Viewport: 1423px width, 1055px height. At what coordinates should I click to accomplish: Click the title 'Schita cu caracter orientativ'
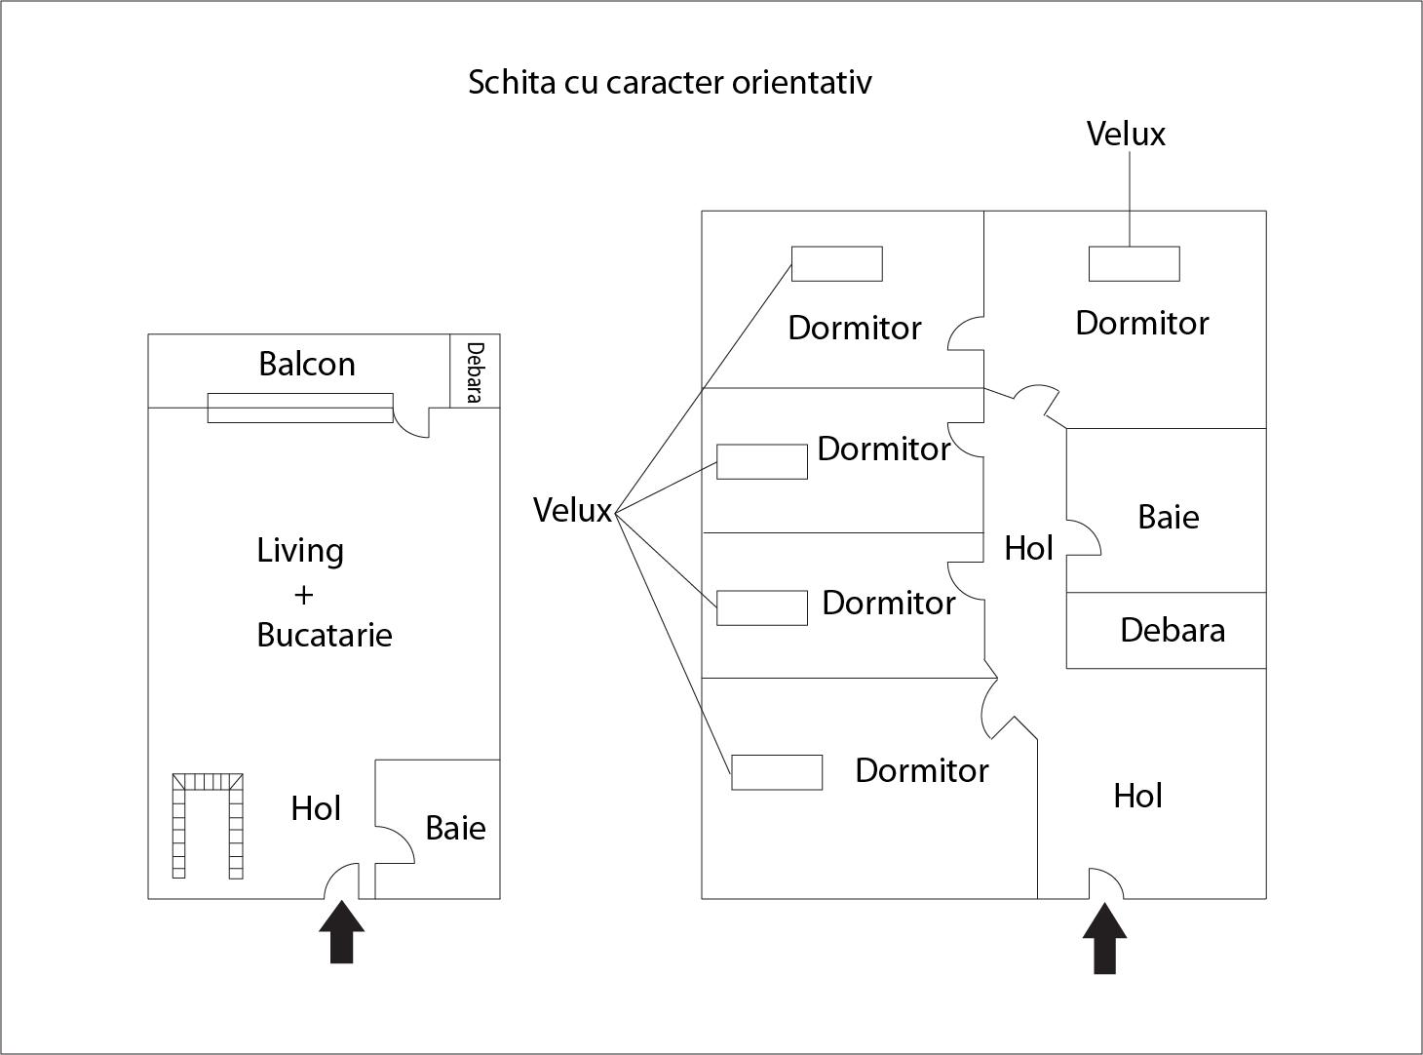click(x=670, y=82)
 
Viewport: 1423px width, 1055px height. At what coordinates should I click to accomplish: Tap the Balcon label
click(x=307, y=364)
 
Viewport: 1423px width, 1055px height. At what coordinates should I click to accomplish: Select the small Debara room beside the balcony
click(x=475, y=371)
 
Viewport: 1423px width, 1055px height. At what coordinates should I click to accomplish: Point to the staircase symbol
click(x=208, y=824)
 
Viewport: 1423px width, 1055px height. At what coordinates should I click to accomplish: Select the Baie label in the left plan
click(x=455, y=828)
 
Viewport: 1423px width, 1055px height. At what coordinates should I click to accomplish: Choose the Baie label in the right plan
click(x=1168, y=516)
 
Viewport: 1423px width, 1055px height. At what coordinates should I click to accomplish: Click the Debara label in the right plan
click(x=1172, y=630)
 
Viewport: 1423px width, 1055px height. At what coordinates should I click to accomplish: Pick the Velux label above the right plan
click(x=1126, y=134)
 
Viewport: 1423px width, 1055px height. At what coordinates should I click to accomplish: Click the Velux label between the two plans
click(x=572, y=510)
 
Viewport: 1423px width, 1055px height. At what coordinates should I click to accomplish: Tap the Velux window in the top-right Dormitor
click(x=1134, y=263)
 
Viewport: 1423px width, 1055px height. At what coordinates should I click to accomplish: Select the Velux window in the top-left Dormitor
click(x=836, y=263)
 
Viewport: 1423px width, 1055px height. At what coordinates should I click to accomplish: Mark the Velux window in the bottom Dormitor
click(x=777, y=772)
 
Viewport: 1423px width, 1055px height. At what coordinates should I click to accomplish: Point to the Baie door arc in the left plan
click(x=397, y=845)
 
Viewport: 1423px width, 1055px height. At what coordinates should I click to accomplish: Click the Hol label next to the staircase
click(x=316, y=808)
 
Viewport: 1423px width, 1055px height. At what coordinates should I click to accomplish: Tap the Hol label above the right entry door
click(x=1137, y=796)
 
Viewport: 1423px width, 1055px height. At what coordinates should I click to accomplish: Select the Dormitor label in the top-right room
click(x=1141, y=323)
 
